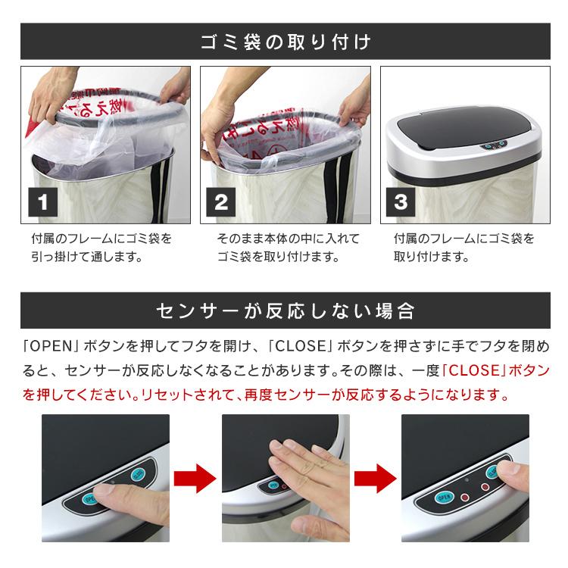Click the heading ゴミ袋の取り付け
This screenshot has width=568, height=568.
pyautogui.click(x=284, y=41)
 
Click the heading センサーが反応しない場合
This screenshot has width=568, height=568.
pyautogui.click(x=284, y=311)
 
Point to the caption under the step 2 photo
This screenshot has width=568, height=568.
pyautogui.click(x=288, y=248)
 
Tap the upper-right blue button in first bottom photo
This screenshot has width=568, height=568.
pyautogui.click(x=138, y=474)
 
